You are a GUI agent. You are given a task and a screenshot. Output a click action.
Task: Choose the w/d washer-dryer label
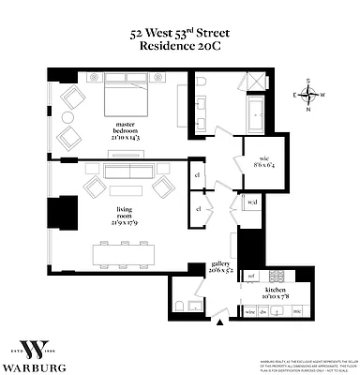[252, 202]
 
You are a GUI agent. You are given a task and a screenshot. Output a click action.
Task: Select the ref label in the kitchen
[251, 277]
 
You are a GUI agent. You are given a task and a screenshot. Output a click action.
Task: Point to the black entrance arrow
[220, 323]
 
